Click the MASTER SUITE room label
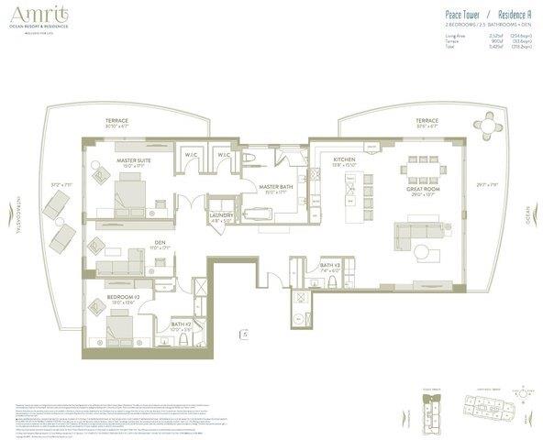click(x=134, y=160)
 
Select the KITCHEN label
click(x=344, y=160)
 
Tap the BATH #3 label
click(x=330, y=267)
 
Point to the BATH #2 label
click(x=182, y=324)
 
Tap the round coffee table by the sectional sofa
click(x=422, y=250)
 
